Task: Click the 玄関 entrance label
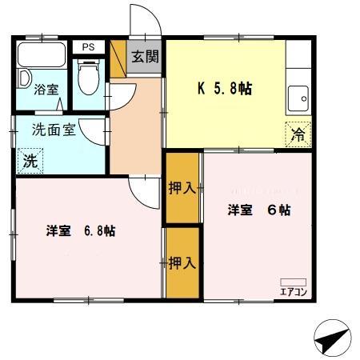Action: (146, 58)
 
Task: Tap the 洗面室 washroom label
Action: (54, 129)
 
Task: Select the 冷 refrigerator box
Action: (297, 134)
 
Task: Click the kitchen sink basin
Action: (302, 98)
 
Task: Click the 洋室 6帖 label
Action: (258, 210)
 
